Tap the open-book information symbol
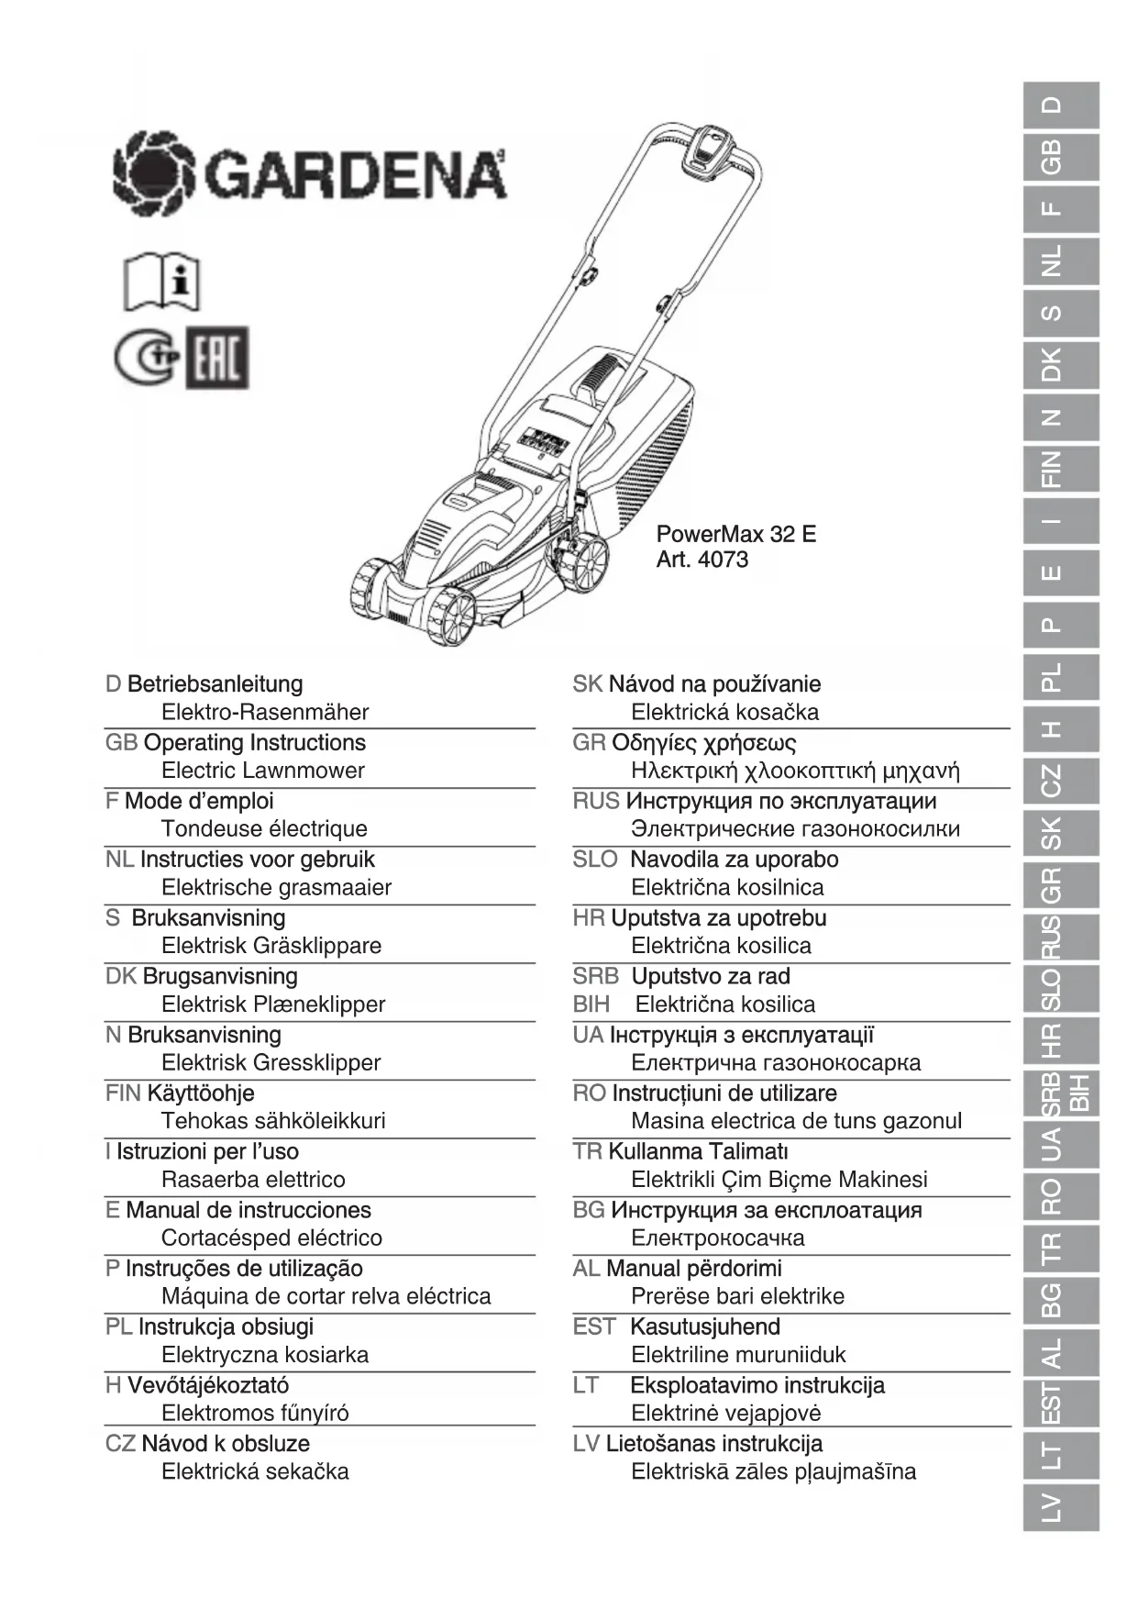click(x=161, y=282)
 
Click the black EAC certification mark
click(x=217, y=358)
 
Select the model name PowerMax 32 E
click(x=735, y=534)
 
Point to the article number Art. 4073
click(x=702, y=560)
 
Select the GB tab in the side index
click(x=1060, y=157)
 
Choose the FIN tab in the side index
click(x=1060, y=469)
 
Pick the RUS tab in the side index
click(x=1060, y=937)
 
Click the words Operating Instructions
click(x=255, y=742)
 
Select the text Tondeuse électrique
click(x=264, y=828)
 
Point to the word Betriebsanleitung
click(x=215, y=683)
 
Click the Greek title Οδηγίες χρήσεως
click(x=703, y=742)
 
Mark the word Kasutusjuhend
click(x=705, y=1326)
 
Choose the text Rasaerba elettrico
click(x=253, y=1179)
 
